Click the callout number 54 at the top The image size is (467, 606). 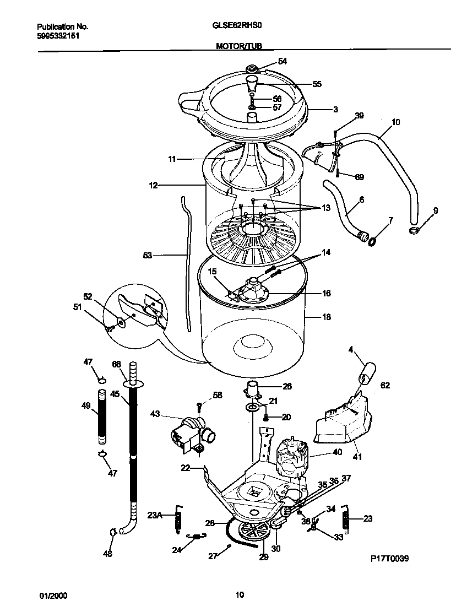point(283,61)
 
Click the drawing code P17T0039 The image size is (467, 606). point(389,558)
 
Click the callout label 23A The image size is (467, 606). point(155,516)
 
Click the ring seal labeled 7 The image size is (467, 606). point(373,240)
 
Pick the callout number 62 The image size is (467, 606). point(384,386)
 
